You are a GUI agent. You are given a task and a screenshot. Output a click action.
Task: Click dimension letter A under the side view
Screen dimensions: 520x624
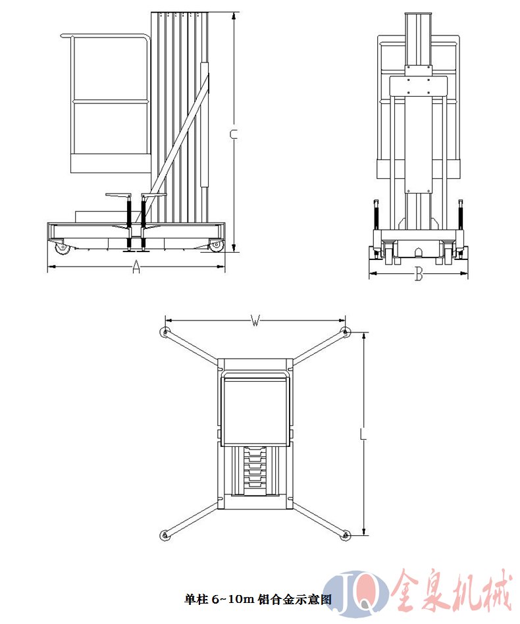136,267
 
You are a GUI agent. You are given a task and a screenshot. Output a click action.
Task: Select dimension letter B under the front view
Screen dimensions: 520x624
418,274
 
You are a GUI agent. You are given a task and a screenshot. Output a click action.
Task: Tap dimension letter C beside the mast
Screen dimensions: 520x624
234,134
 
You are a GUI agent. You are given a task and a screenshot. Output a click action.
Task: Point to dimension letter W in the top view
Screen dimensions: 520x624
255,320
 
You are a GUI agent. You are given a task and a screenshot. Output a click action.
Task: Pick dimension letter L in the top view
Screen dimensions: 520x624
363,434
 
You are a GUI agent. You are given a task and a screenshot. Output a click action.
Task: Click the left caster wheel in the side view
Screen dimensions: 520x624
62,248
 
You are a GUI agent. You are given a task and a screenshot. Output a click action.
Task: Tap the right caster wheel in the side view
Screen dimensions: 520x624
215,246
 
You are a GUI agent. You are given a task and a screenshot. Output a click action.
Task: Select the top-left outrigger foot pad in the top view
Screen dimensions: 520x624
165,332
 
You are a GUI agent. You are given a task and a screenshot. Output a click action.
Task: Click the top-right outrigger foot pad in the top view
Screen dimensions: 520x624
346,332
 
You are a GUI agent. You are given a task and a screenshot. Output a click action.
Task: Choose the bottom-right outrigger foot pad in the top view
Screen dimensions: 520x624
346,535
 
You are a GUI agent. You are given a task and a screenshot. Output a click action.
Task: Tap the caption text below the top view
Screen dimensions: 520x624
257,599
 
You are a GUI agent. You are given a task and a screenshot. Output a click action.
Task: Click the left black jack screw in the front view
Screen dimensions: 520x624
375,215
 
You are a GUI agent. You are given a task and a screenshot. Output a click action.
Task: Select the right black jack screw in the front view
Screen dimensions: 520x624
461,215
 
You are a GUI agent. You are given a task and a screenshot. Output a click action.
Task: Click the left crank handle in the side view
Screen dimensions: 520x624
118,195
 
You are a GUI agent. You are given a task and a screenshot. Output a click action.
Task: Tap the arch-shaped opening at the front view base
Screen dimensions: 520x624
418,253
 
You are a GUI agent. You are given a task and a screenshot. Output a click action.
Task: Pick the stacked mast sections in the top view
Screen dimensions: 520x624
255,467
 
